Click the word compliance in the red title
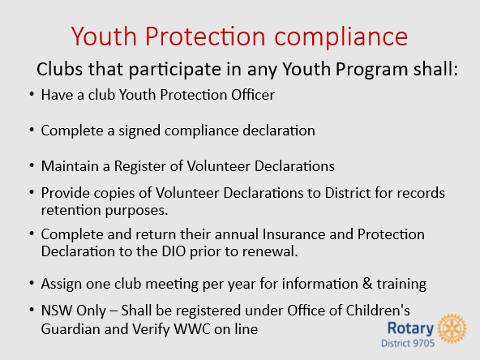341,37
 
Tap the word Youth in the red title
104,36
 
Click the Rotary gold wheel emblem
452,328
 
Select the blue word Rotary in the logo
410,328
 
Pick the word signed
139,131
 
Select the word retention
71,210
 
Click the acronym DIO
174,251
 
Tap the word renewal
270,251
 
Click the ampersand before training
367,284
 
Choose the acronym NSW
57,311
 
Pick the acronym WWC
192,329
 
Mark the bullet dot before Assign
32,283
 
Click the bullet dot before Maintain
32,165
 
